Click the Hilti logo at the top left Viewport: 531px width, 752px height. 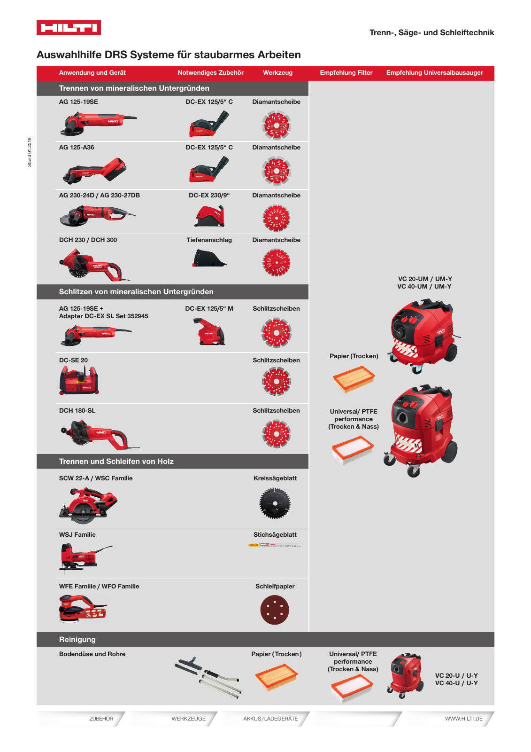tap(69, 28)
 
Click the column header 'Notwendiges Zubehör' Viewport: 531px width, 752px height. tap(210, 73)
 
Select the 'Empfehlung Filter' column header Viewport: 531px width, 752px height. tap(346, 73)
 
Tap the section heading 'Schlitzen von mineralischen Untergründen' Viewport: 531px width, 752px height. tap(136, 292)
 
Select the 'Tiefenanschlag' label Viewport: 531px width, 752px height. tap(209, 240)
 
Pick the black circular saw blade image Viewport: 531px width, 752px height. tap(275, 503)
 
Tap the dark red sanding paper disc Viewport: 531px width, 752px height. tap(275, 610)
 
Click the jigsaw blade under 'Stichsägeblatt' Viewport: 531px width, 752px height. tap(275, 545)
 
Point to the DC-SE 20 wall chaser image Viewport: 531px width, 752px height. tap(79, 380)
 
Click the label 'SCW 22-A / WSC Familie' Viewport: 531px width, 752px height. tap(96, 478)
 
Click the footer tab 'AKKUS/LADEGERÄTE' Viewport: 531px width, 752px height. tap(270, 719)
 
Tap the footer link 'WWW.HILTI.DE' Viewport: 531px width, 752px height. tap(463, 719)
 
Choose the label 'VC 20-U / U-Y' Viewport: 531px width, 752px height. tap(456, 676)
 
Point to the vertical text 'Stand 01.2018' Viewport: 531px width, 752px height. tap(30, 152)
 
